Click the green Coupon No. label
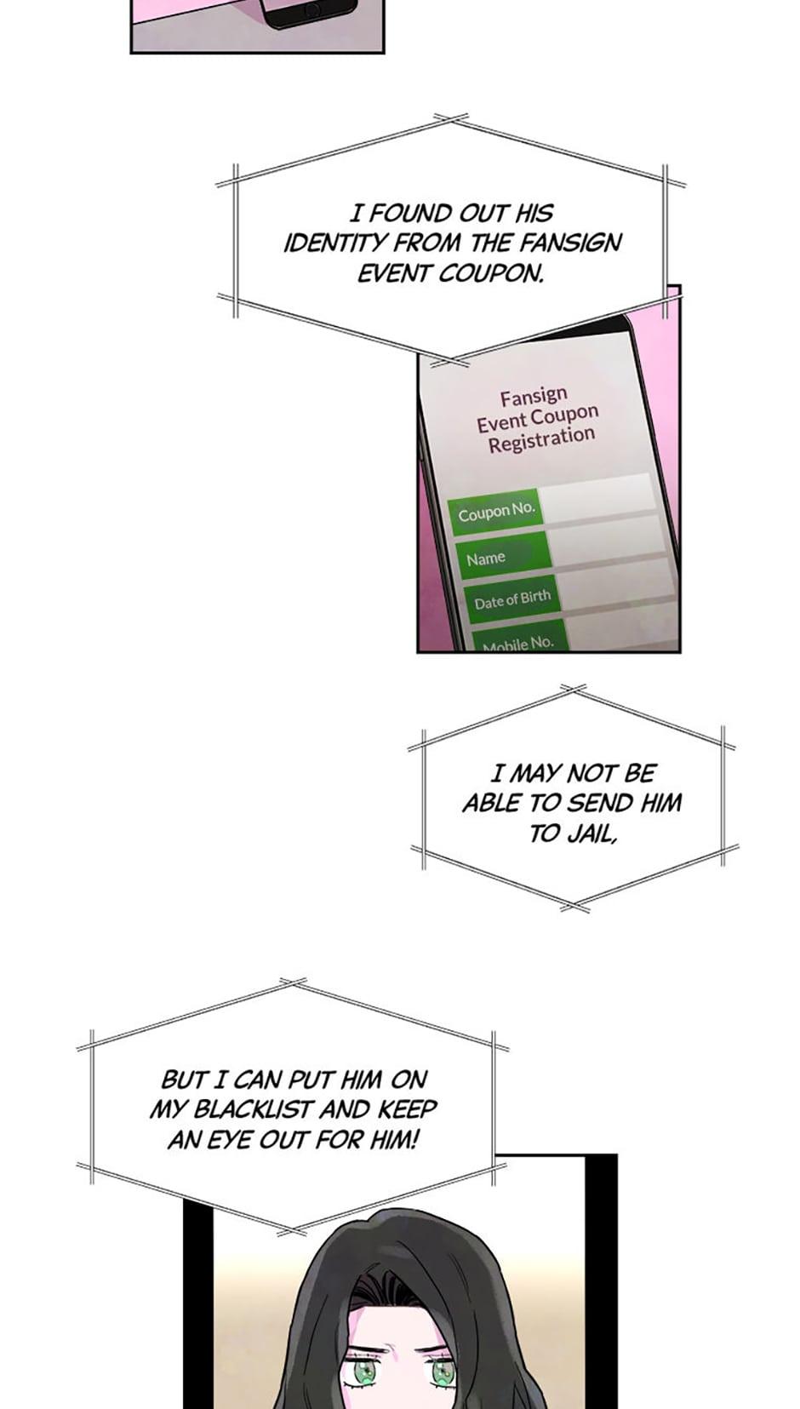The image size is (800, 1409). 496,513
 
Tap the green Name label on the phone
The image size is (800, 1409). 503,555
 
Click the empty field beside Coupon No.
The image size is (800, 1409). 597,497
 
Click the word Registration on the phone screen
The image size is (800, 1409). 541,439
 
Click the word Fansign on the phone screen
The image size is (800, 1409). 534,396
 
